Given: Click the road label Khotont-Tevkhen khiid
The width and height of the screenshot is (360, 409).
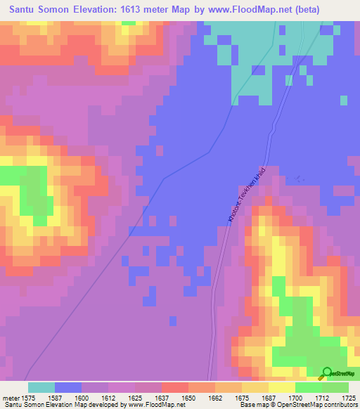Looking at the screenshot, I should [247, 195].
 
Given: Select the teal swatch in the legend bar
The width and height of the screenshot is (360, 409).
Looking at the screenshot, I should [41, 387].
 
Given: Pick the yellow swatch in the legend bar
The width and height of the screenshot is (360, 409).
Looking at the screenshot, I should [281, 387].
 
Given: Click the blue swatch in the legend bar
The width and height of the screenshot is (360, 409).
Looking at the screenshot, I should [68, 387].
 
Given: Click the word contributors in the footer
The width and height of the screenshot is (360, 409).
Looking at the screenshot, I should [340, 405].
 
